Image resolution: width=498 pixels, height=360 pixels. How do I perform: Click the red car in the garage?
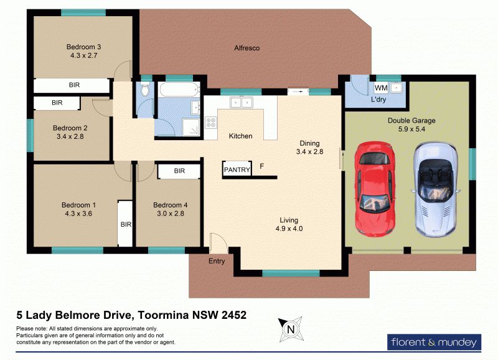click(375, 189)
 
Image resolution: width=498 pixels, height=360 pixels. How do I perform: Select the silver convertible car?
click(436, 189)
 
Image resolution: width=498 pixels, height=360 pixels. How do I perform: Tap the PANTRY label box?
click(237, 169)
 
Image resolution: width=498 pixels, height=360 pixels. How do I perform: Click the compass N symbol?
click(291, 329)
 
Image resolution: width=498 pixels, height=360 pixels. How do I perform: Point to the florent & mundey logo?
click(434, 342)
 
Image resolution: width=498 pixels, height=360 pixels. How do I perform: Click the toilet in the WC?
click(145, 89)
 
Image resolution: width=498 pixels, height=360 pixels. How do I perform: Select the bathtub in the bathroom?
click(179, 90)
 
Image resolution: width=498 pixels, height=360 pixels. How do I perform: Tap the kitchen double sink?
click(242, 103)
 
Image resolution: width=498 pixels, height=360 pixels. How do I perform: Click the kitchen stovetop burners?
click(211, 122)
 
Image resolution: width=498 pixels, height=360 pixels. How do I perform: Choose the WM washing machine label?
click(381, 88)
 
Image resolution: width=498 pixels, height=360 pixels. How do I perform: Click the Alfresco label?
click(247, 48)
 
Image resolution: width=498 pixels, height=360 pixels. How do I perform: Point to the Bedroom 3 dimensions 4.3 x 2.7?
click(83, 55)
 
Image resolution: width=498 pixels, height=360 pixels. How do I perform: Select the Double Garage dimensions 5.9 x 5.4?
click(411, 129)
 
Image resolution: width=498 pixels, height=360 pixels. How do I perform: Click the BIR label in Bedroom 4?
click(179, 171)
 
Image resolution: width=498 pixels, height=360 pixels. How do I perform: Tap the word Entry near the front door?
click(217, 261)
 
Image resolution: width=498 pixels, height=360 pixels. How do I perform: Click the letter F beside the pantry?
click(261, 166)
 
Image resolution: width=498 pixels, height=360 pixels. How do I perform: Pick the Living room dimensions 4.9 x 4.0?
click(289, 229)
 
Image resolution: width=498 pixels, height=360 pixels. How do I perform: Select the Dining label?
click(309, 143)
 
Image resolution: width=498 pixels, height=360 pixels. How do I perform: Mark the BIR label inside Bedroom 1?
click(126, 224)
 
